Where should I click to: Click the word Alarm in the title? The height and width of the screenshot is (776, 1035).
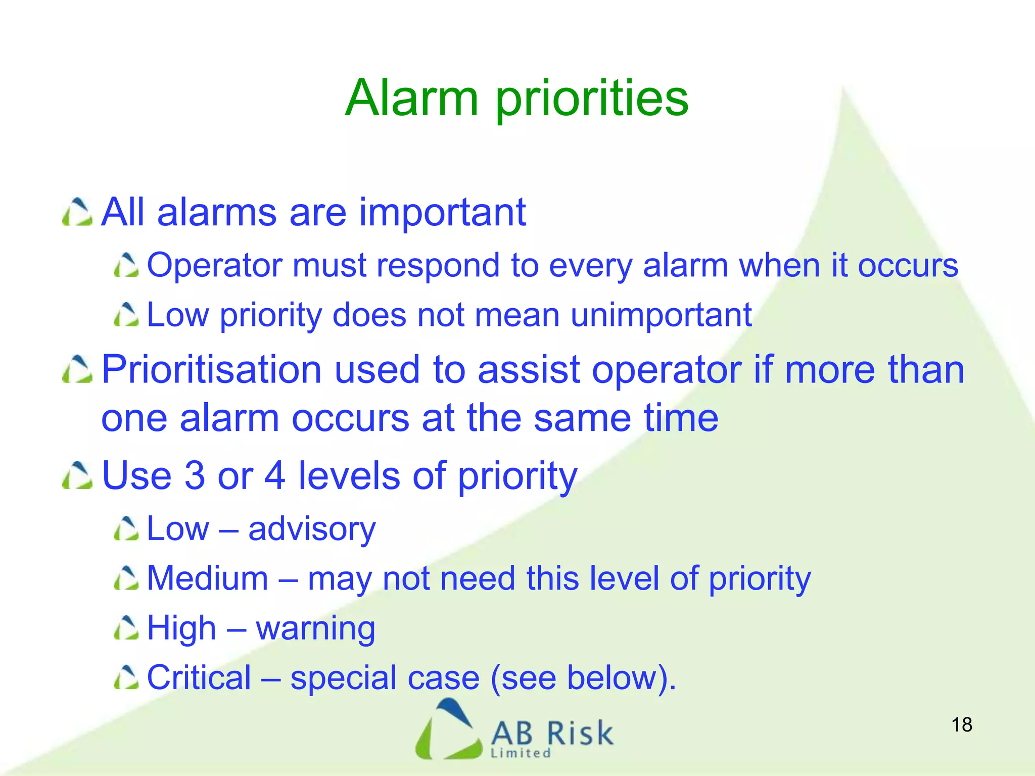pos(411,99)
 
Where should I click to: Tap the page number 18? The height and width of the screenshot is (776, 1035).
pos(961,725)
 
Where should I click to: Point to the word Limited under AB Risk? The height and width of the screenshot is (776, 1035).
pos(521,753)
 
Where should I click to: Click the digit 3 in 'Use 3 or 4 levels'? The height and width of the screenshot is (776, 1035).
pos(195,475)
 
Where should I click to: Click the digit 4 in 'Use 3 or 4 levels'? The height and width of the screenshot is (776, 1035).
pos(275,475)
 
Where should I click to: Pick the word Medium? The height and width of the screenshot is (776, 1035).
pos(207,578)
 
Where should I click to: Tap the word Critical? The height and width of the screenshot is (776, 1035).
pos(199,677)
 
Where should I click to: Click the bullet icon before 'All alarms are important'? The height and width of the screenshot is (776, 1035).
pos(77,213)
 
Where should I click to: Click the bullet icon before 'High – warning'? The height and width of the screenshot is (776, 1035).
pos(126,628)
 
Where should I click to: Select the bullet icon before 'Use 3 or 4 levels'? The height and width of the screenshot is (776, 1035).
pos(77,476)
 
